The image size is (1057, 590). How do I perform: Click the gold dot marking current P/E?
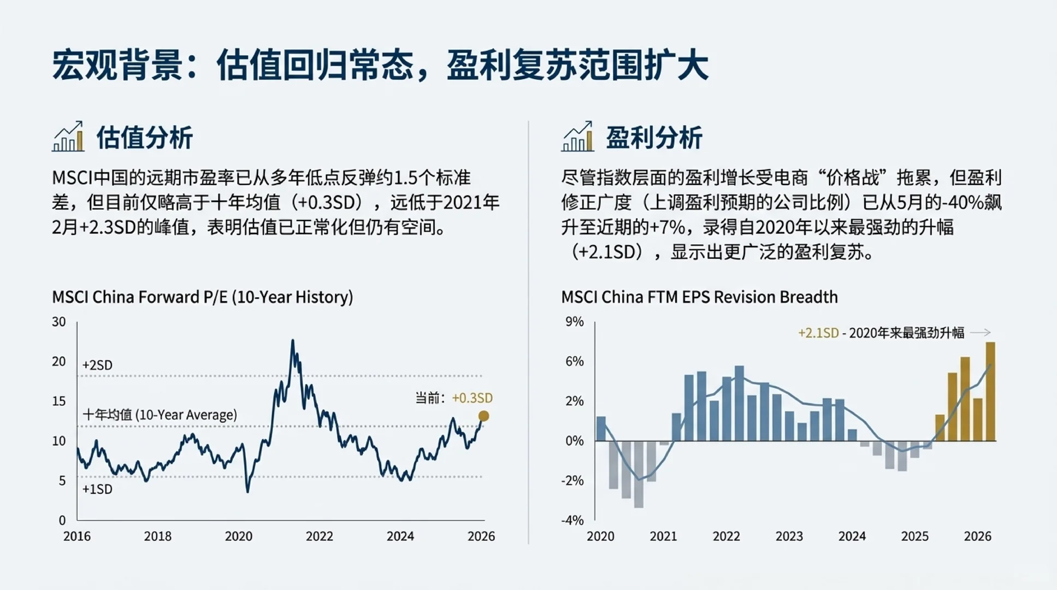click(483, 416)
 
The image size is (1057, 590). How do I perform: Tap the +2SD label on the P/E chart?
click(97, 365)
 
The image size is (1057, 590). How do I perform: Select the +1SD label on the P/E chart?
click(97, 489)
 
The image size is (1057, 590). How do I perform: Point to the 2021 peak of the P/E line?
click(293, 341)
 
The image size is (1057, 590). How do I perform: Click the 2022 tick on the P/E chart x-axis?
click(320, 536)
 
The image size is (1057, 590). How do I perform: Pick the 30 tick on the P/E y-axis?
click(59, 322)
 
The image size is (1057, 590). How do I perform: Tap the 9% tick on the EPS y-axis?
click(574, 322)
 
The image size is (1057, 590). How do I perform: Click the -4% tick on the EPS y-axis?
click(572, 520)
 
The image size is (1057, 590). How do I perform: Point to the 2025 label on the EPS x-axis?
click(914, 536)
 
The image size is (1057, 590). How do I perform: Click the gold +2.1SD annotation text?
click(818, 333)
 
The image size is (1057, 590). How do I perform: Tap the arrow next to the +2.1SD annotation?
click(981, 332)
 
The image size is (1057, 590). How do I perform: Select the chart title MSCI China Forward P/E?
click(202, 297)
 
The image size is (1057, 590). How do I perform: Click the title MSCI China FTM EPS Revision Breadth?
click(699, 297)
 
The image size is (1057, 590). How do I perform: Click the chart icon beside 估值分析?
click(68, 137)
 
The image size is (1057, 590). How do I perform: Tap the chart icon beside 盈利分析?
click(577, 137)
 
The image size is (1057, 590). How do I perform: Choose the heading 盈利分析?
click(654, 137)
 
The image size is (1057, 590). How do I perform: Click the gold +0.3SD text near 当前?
click(473, 398)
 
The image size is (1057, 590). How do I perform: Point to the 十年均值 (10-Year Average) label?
click(160, 415)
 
